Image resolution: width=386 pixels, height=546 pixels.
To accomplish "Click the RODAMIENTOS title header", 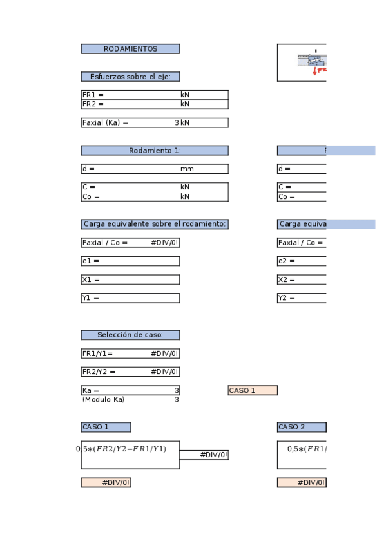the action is [x=130, y=49].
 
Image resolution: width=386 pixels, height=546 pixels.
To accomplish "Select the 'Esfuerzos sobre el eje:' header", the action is [x=130, y=77].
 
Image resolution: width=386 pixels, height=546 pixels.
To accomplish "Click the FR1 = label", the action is [x=93, y=95].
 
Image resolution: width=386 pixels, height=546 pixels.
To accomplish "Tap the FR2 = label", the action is [x=93, y=104].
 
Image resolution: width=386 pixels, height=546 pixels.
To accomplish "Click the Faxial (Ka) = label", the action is [x=105, y=122].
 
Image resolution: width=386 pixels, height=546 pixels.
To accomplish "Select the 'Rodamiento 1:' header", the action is [x=155, y=151].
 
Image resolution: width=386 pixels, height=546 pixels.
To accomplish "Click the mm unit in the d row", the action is [x=187, y=169].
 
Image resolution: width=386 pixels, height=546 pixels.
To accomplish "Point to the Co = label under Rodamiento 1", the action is [x=92, y=196].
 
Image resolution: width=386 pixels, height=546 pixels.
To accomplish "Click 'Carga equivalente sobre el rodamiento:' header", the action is [x=155, y=224].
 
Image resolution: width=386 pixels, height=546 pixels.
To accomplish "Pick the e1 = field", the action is [x=130, y=261].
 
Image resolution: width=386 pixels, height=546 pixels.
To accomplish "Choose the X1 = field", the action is [x=130, y=279].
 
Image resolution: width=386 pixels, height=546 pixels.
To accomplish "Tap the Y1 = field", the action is [x=130, y=298].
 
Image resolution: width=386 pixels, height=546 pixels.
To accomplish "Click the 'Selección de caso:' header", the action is [x=130, y=335].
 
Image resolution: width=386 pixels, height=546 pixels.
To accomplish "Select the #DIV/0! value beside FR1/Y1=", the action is [x=164, y=353].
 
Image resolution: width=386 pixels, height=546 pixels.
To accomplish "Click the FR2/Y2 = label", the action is [x=99, y=372].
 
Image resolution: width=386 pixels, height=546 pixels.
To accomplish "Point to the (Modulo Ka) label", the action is [x=103, y=399].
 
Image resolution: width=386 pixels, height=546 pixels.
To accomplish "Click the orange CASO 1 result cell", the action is [x=252, y=390].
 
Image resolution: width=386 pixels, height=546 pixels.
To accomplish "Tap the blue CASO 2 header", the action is [x=302, y=427].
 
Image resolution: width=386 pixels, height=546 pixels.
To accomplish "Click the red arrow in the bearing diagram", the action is [x=314, y=71].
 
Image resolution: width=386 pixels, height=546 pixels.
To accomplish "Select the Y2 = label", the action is [x=286, y=298].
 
